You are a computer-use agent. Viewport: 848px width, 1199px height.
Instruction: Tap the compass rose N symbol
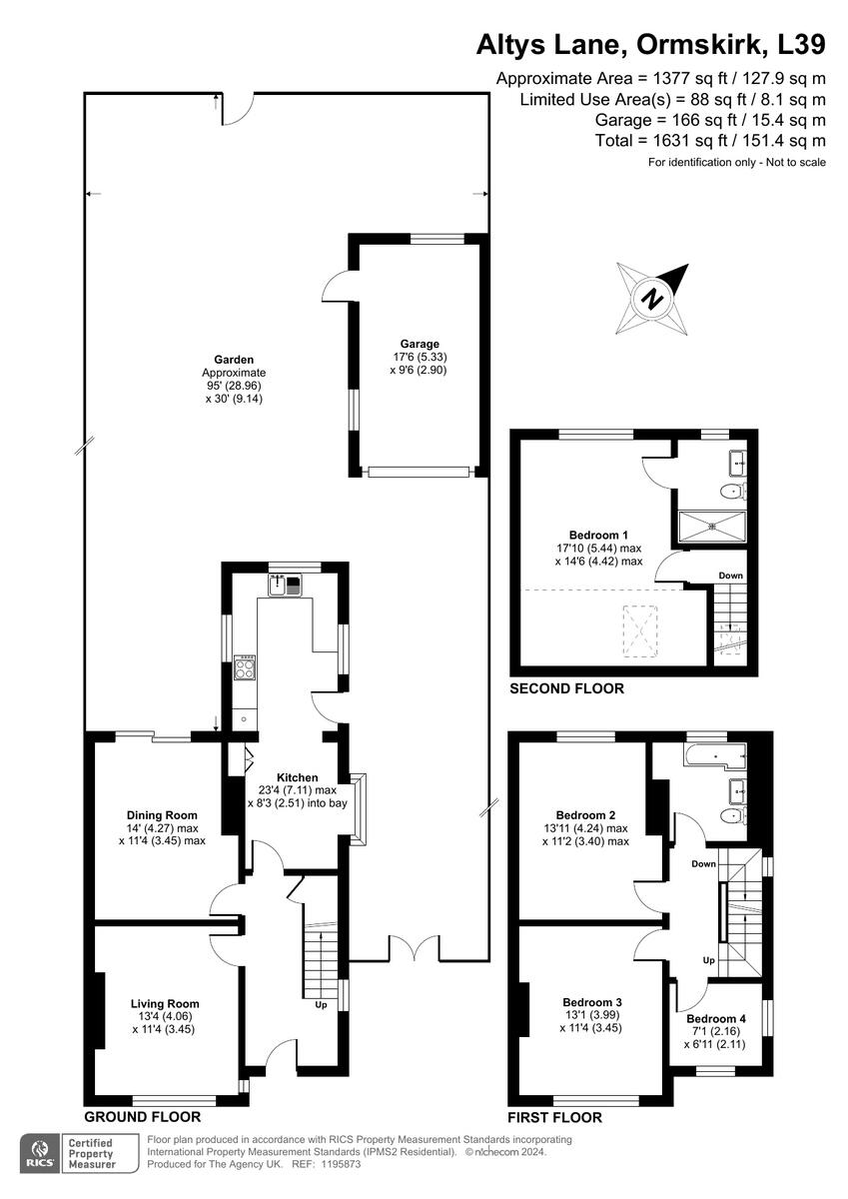(x=653, y=298)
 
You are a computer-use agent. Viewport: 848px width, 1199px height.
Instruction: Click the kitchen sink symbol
(x=284, y=585)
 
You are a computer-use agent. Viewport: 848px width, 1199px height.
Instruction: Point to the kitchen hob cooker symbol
(x=244, y=666)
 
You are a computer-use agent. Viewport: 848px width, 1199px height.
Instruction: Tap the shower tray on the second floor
(x=711, y=527)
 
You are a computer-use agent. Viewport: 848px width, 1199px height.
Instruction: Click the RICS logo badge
(x=42, y=1152)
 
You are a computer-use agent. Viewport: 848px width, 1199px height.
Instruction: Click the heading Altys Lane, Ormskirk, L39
(x=650, y=45)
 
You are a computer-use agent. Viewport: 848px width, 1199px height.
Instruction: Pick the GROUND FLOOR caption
(x=142, y=1117)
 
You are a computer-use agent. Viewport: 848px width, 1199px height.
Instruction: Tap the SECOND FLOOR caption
(x=566, y=688)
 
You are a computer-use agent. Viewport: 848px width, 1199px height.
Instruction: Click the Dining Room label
(x=162, y=815)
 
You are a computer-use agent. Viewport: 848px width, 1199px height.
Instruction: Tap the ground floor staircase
(x=321, y=959)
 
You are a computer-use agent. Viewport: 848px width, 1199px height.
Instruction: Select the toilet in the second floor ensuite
(x=734, y=492)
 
